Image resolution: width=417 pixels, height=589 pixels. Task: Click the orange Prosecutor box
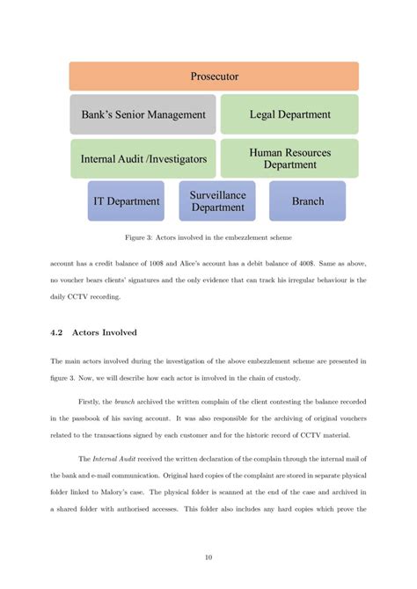click(x=214, y=76)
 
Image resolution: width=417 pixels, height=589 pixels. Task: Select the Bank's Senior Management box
click(x=143, y=114)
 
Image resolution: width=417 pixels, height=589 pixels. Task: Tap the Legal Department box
click(x=289, y=114)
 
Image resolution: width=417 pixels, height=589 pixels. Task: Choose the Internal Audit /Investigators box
click(x=143, y=159)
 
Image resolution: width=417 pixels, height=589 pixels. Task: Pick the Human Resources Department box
click(x=289, y=158)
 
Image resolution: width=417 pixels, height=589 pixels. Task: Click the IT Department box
click(x=127, y=201)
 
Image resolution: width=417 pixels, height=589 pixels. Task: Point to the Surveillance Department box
click(x=217, y=201)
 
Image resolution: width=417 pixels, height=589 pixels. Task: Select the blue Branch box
click(x=308, y=201)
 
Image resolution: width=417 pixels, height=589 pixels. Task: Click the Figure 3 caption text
click(x=214, y=237)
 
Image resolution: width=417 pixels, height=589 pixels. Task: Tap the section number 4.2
click(x=62, y=332)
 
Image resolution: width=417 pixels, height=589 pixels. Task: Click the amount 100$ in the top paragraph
click(x=157, y=264)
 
